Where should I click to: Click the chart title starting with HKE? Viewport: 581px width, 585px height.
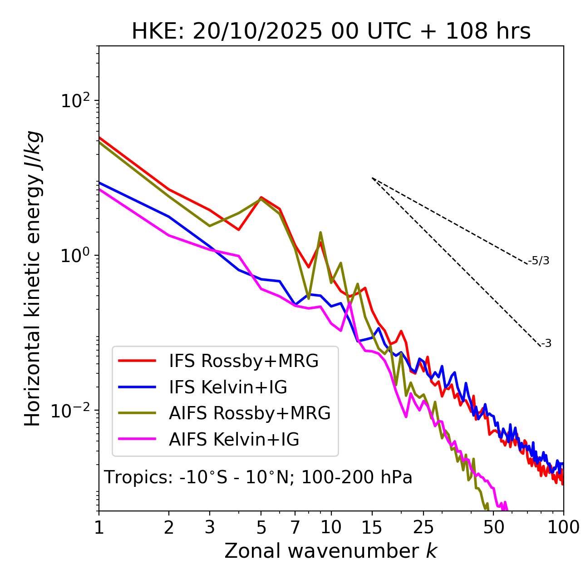tap(331, 32)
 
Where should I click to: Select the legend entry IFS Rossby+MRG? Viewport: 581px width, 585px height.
tap(243, 361)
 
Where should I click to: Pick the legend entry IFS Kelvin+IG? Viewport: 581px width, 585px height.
tap(228, 387)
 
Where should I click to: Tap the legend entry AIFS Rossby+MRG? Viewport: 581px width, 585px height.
tap(250, 413)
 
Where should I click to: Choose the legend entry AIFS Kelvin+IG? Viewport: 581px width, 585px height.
tap(234, 440)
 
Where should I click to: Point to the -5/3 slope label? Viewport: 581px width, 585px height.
tap(539, 261)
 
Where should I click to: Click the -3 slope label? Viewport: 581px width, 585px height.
tap(546, 344)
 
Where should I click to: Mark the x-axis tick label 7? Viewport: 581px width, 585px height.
tap(295, 527)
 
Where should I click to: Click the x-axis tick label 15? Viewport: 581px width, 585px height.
tap(372, 527)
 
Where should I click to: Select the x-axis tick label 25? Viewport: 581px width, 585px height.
tap(423, 527)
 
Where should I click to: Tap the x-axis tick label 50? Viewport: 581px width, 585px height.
tap(494, 527)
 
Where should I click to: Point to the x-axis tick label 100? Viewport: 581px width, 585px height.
tap(563, 527)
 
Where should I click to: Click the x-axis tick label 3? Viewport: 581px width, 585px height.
tap(210, 527)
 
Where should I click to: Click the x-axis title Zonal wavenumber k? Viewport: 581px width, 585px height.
tap(331, 551)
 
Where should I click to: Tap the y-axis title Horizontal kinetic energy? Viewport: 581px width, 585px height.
tap(33, 279)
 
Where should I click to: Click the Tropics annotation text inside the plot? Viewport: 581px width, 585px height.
tap(258, 477)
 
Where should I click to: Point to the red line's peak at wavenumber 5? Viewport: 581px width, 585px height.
tap(261, 197)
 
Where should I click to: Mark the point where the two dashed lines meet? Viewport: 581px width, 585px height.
tap(372, 178)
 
